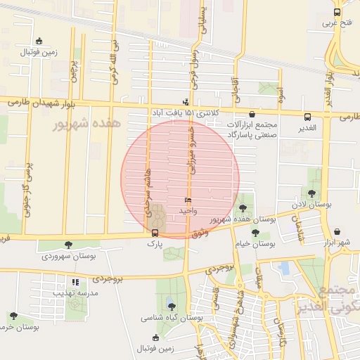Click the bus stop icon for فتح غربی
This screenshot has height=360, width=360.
(x=337, y=13)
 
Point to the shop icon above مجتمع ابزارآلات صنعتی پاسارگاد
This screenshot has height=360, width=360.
(x=251, y=113)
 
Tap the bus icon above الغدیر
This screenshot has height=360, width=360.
(x=307, y=117)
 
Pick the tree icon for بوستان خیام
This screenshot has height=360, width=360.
(x=255, y=232)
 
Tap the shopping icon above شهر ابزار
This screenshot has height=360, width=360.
(x=337, y=231)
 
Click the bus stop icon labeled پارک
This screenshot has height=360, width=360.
(x=155, y=233)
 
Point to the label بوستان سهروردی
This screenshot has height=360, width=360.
(x=67, y=256)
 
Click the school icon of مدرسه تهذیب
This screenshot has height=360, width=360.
(x=75, y=281)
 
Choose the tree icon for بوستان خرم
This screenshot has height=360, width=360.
(x=13, y=316)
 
